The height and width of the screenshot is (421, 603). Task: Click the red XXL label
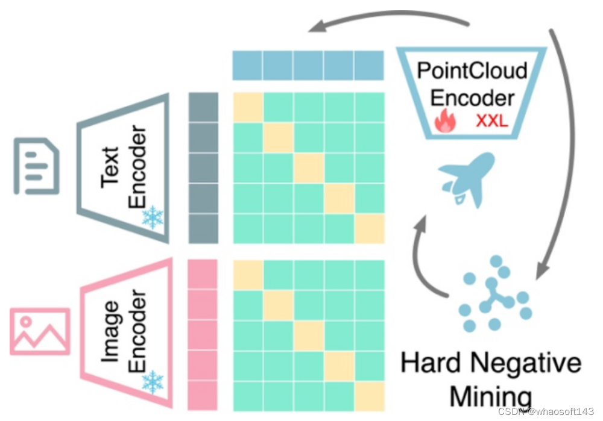pos(492,121)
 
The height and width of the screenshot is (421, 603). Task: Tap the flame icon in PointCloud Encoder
pos(446,120)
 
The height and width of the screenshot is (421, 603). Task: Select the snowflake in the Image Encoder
pos(153,381)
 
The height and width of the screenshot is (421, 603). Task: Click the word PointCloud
pos(472,70)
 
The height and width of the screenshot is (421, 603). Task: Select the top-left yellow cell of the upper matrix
pos(248,107)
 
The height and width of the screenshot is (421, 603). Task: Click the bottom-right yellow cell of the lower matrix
pos(369,394)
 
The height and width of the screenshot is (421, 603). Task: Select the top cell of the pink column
pos(203,275)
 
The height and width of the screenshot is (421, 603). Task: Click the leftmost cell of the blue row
pos(248,65)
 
